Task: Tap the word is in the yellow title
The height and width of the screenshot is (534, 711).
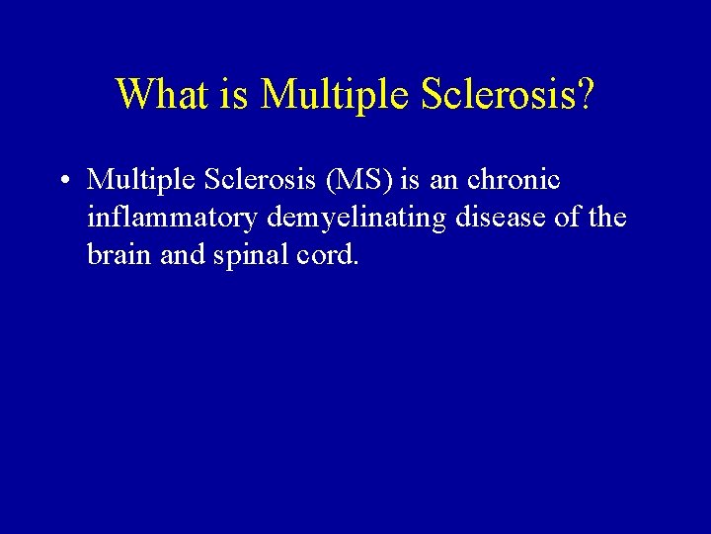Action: click(228, 94)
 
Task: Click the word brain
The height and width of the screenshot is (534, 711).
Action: click(117, 255)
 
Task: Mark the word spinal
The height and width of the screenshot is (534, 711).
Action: click(247, 255)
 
